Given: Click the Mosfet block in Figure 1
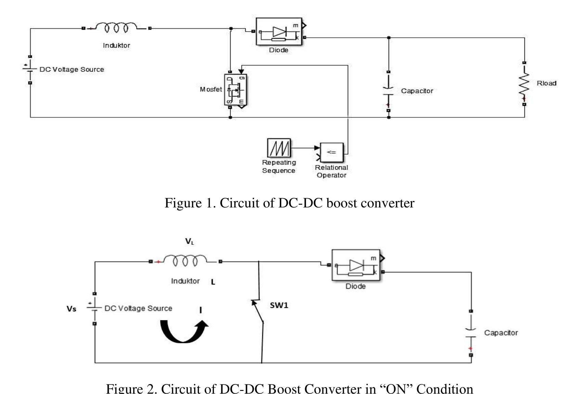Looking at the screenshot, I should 236,90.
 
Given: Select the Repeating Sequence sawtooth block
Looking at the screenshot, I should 279,148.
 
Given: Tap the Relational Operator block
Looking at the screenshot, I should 332,152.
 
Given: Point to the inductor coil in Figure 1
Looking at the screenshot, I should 116,27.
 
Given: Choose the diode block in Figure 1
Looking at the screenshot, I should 279,32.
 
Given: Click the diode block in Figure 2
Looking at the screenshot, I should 356,265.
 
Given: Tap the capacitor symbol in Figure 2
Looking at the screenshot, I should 471,333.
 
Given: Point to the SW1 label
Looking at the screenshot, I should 279,305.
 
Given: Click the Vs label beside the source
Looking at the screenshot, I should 72,309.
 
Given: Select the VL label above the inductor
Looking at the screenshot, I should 190,241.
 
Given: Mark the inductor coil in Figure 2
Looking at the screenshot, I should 185,260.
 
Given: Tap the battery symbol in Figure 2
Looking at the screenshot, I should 94,308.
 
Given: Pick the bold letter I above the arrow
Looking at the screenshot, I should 200,310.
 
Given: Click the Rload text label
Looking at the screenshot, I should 546,83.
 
